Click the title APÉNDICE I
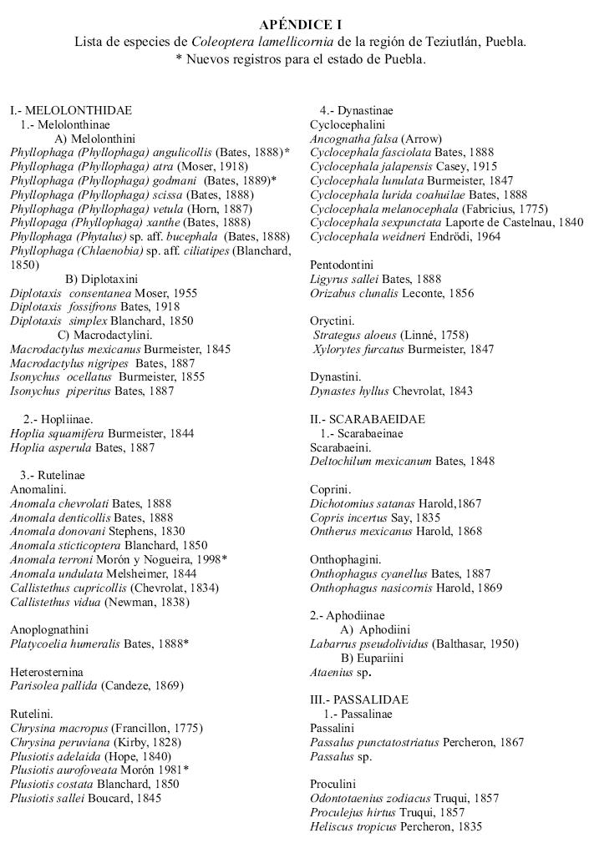pyautogui.click(x=300, y=25)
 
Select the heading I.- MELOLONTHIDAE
pyautogui.click(x=71, y=110)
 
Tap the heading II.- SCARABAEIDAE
pyautogui.click(x=368, y=418)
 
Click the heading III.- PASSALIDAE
pyautogui.click(x=359, y=699)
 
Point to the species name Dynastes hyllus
pyautogui.click(x=345, y=390)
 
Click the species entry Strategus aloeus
pyautogui.click(x=345, y=334)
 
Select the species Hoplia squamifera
pyautogui.click(x=55, y=432)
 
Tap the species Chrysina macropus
pyautogui.click(x=59, y=728)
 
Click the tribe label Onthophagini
pyautogui.click(x=345, y=559)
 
